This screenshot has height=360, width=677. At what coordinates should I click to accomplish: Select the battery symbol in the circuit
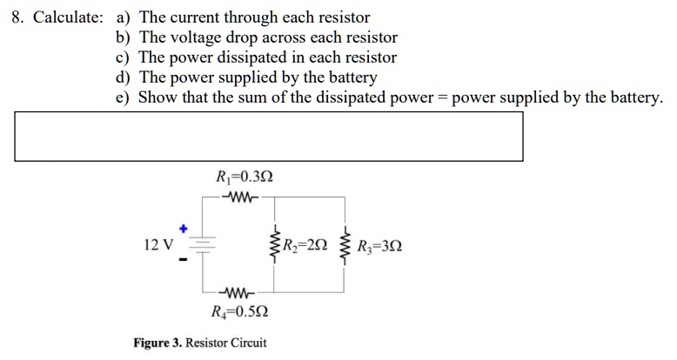(x=202, y=244)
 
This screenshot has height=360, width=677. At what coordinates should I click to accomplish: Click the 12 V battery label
(x=158, y=244)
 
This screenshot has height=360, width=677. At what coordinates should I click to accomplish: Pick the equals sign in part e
(x=442, y=97)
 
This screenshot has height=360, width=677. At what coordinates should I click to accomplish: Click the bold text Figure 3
(x=158, y=342)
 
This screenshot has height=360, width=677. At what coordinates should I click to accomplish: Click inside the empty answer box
(x=268, y=137)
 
